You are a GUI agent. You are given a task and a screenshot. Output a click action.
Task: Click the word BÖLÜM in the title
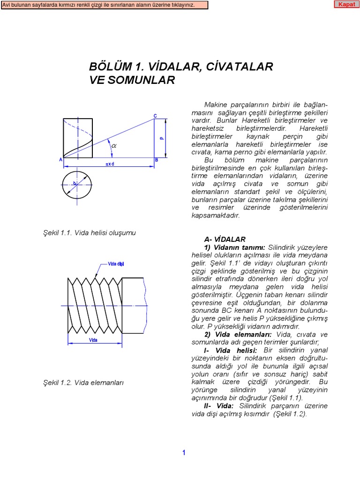point(108,67)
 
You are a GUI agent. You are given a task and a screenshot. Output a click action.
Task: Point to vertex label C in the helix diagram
point(155,115)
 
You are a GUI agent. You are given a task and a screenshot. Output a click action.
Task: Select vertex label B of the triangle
point(156,160)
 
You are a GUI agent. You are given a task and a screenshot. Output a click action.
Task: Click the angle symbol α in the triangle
point(114,146)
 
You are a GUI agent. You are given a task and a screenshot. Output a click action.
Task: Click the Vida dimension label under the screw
point(93,340)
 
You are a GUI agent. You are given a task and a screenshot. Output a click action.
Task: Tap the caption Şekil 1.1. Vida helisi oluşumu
point(90,233)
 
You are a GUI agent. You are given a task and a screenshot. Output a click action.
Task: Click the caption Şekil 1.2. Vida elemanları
point(83,382)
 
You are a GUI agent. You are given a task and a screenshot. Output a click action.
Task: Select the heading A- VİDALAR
point(225,239)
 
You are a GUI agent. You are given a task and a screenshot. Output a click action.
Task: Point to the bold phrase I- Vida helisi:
point(230,351)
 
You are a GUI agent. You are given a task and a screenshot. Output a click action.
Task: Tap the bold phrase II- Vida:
point(218,406)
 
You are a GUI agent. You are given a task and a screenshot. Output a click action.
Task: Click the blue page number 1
point(184,452)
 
